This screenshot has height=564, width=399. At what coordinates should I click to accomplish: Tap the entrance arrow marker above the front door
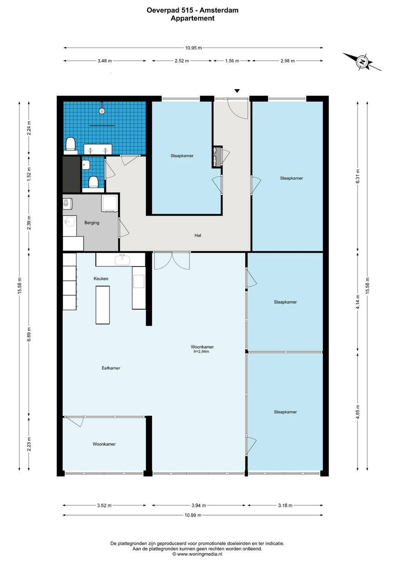[x=237, y=91]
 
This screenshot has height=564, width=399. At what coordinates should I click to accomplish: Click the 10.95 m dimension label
[x=193, y=48]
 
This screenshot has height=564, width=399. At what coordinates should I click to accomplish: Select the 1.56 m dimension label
[x=232, y=61]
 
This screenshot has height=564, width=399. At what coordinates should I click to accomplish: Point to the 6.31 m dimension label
[x=358, y=176]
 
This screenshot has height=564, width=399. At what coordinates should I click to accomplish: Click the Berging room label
[x=92, y=223]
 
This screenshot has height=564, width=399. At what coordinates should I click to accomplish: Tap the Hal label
[x=198, y=235]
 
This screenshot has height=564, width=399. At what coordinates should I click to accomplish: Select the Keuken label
[x=101, y=278]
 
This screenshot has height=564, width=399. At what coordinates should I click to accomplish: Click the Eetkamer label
[x=111, y=368]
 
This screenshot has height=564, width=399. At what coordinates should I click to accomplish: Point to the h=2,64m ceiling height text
[x=201, y=351]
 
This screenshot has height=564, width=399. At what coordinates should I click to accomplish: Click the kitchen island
[x=102, y=305]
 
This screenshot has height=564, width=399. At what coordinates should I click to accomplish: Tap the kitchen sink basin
[x=122, y=260]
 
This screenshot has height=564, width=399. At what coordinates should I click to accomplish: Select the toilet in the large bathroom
[x=71, y=145]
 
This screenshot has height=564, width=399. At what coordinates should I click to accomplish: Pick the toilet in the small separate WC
[x=93, y=182]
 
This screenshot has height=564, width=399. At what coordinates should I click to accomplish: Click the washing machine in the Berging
[x=109, y=203]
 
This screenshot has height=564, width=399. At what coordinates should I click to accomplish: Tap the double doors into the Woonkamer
[x=172, y=261]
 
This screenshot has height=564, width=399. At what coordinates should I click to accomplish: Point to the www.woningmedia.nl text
[x=199, y=554]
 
